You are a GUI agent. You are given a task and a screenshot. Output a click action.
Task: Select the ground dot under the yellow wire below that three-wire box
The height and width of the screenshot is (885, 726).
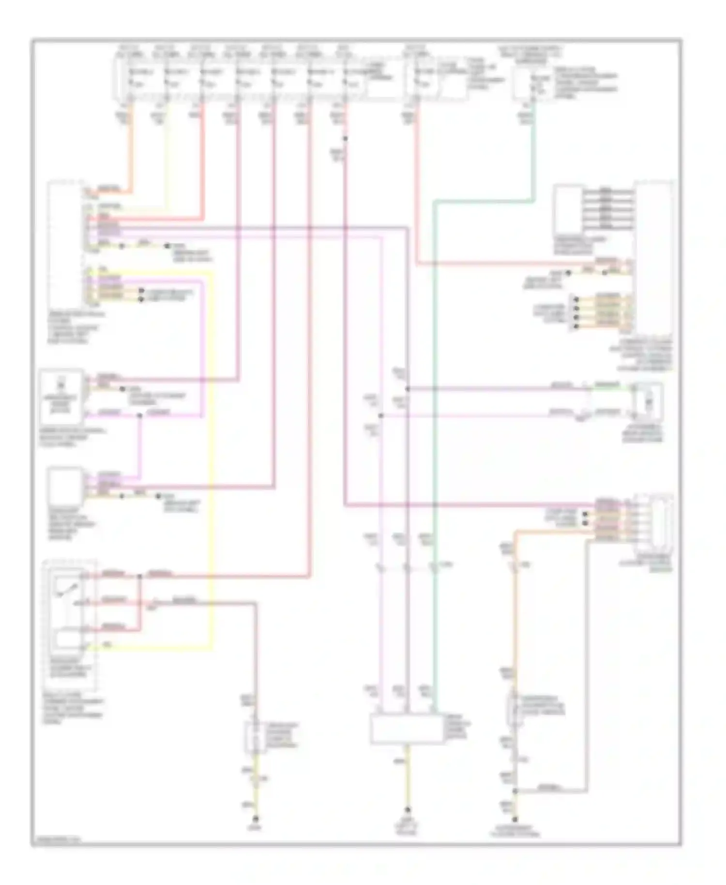(x=407, y=809)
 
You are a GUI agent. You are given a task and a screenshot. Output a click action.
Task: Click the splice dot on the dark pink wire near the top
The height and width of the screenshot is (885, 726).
(x=345, y=139)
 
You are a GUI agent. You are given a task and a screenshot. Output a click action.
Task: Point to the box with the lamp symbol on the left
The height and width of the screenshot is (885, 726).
(x=61, y=396)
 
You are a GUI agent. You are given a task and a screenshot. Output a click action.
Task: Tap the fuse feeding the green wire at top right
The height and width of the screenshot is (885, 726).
(x=534, y=83)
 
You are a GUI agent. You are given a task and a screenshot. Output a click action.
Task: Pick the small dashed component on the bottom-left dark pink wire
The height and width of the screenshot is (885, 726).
(x=256, y=737)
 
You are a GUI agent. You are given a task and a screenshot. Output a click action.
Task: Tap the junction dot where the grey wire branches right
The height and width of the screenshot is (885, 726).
(x=408, y=389)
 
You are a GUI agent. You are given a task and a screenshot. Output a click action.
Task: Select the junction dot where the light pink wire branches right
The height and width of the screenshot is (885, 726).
(x=381, y=415)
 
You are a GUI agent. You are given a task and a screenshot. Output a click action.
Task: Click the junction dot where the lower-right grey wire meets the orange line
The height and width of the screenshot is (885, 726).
(x=515, y=791)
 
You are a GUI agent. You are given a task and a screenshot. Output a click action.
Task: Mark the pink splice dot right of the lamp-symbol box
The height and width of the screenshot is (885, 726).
(x=139, y=416)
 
